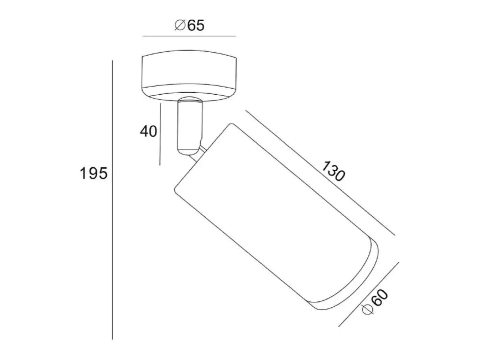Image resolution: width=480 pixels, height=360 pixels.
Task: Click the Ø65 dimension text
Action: [x=189, y=25]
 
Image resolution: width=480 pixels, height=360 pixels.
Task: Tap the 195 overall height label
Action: [x=94, y=173]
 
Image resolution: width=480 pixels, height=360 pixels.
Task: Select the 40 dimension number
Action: [x=148, y=131]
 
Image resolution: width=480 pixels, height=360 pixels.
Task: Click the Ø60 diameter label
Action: [x=375, y=302]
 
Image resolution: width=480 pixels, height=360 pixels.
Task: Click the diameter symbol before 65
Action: [x=180, y=25]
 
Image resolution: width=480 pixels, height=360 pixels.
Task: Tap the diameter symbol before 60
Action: [x=367, y=310]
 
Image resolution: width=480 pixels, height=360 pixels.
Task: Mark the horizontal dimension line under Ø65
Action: [x=189, y=36]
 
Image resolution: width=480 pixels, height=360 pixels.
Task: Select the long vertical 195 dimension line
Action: [x=113, y=200]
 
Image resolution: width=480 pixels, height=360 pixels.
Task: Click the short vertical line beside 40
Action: [x=160, y=134]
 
